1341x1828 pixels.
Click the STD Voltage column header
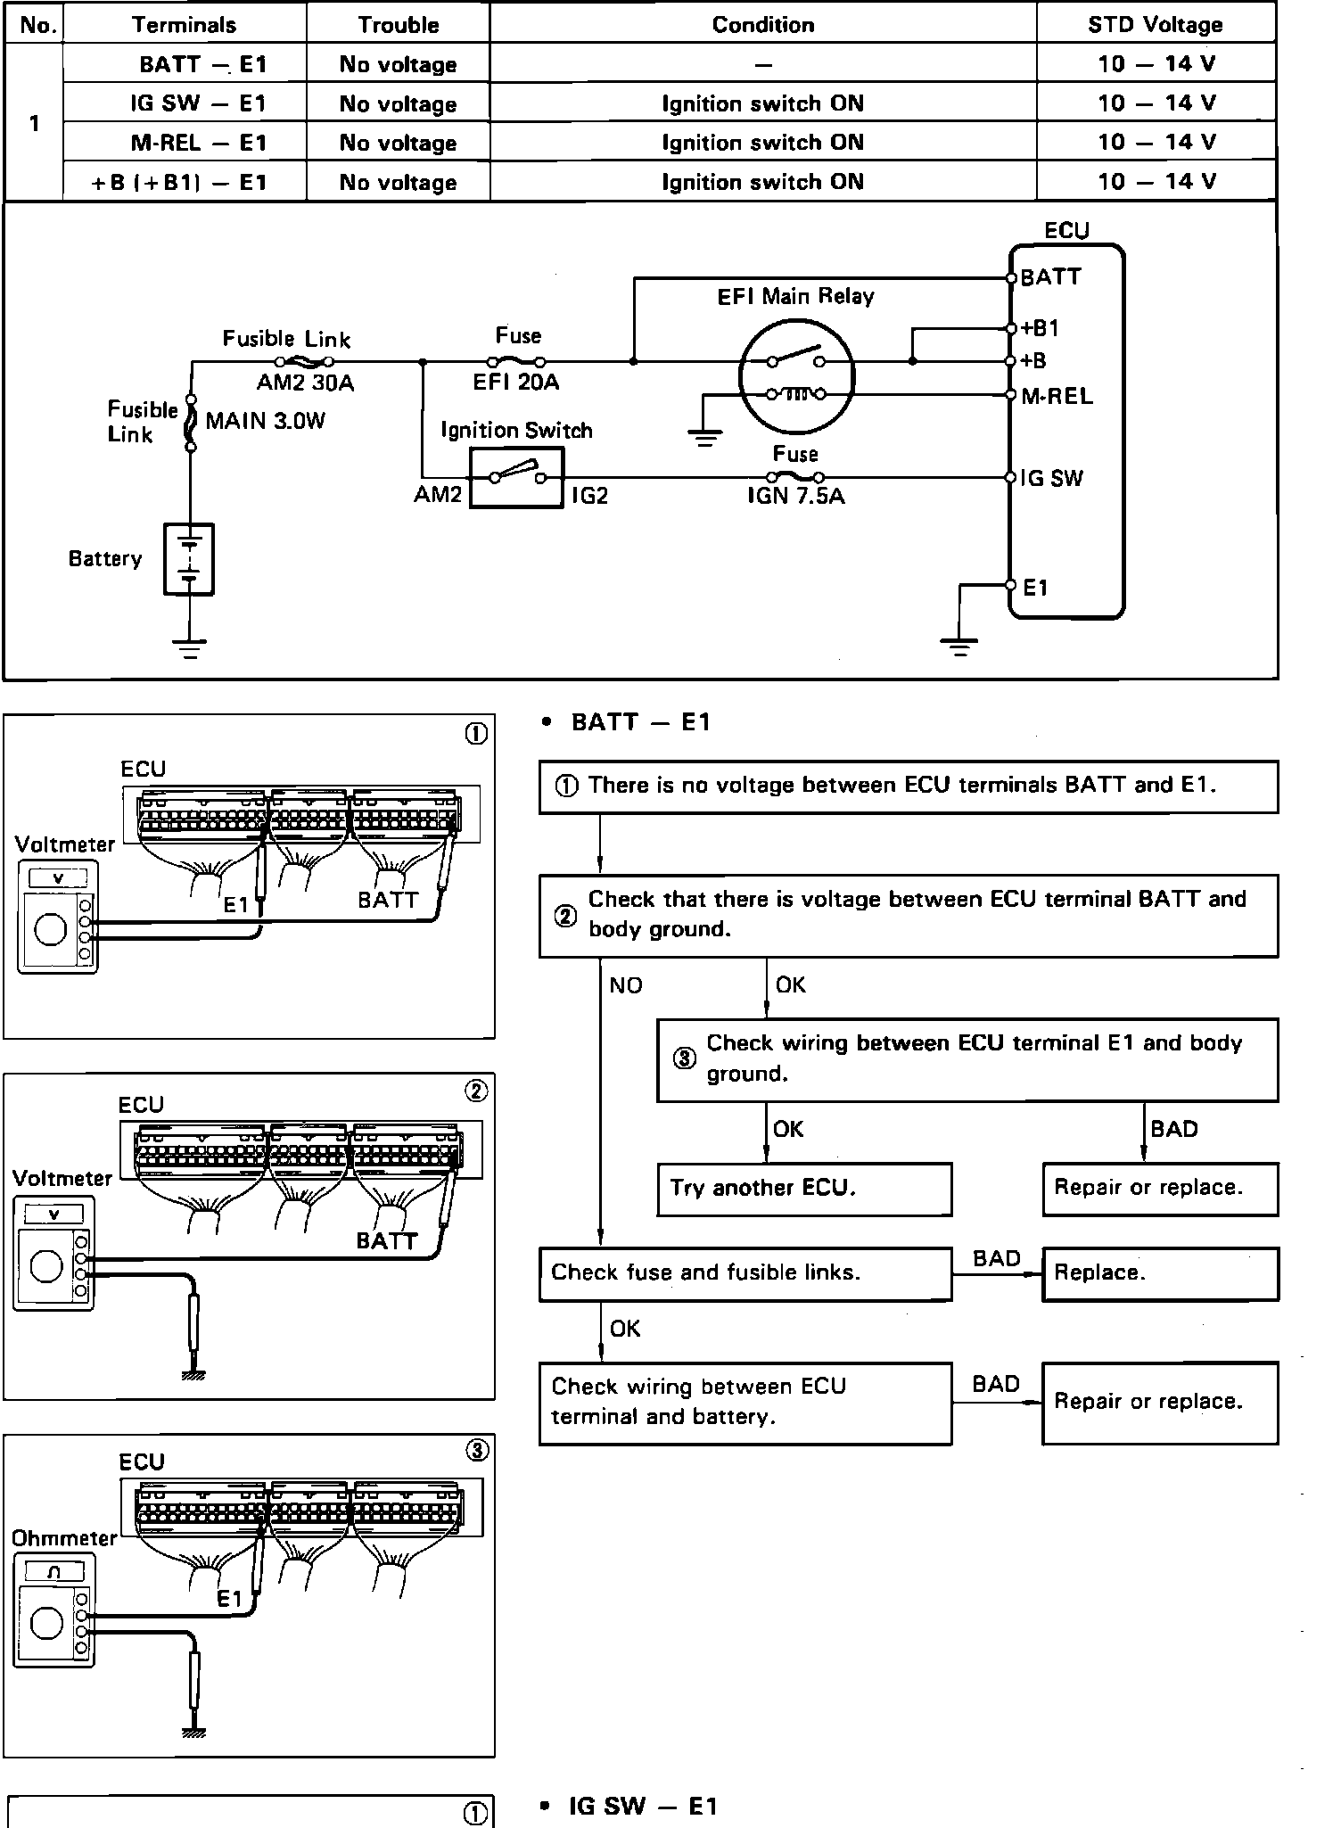pos(1155,24)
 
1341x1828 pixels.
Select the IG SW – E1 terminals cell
pos(198,103)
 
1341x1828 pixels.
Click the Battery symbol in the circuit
pos(189,559)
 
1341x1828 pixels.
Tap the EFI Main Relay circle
pos(796,375)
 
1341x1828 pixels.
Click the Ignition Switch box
pos(516,478)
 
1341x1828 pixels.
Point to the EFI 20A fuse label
pos(516,383)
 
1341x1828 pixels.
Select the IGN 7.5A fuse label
pos(795,496)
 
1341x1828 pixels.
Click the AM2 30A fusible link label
pos(305,383)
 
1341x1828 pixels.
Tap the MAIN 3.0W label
pos(266,421)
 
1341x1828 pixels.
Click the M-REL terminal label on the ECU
pos(1057,396)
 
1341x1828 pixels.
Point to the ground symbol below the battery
pos(189,647)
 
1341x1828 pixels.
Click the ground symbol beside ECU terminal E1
pos(958,646)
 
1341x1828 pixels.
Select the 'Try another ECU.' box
pos(803,1188)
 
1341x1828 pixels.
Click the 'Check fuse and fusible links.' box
pos(745,1272)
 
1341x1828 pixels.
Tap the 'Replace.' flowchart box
pos(1159,1272)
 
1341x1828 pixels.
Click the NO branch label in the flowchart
pos(625,985)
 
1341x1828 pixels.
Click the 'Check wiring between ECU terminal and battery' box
pos(745,1402)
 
